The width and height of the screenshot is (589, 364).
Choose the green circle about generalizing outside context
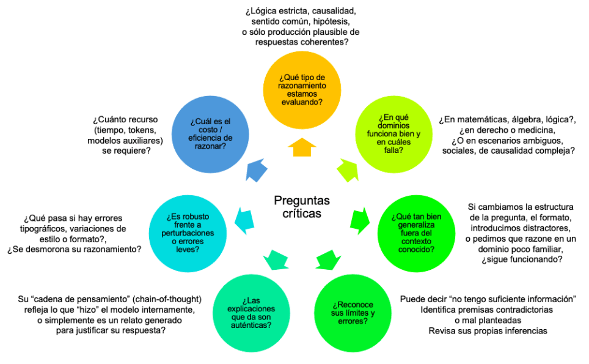tap(413, 232)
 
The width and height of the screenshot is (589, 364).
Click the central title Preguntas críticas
tap(302, 207)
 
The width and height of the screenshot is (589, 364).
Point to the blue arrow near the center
tap(255, 169)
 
